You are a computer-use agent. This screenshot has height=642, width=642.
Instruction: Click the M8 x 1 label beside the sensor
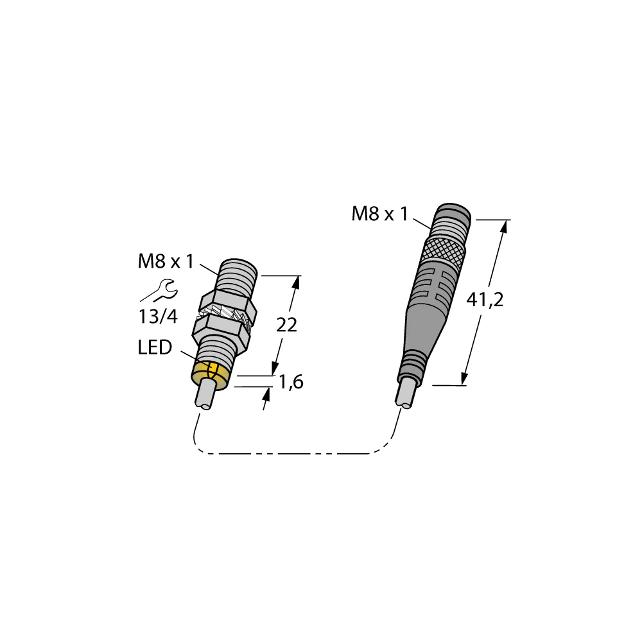click(166, 261)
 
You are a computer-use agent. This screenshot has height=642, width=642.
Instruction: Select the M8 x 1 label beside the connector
click(379, 214)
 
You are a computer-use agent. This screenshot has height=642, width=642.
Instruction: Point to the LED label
click(155, 348)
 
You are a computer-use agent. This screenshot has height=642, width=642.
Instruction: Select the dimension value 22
click(286, 325)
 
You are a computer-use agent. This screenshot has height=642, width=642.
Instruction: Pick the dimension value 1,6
click(290, 383)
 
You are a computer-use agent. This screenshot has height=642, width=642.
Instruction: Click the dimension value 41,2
click(485, 300)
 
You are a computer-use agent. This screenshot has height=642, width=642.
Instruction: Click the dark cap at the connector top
click(453, 214)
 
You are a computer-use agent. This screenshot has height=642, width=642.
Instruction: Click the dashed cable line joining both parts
click(289, 454)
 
